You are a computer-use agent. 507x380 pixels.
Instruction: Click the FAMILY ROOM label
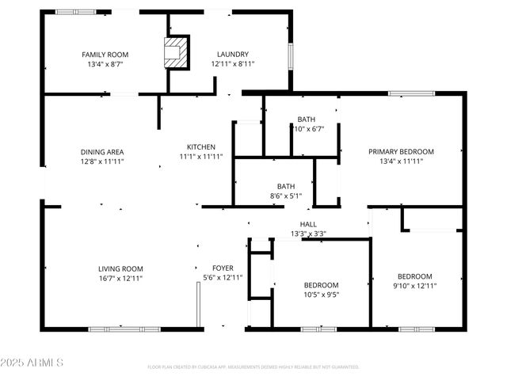(105, 55)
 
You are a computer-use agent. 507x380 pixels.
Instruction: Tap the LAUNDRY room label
(233, 55)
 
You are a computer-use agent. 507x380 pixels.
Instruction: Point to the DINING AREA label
(102, 152)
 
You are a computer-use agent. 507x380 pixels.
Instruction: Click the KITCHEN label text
(201, 147)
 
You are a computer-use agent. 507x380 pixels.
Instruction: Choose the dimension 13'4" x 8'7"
(105, 63)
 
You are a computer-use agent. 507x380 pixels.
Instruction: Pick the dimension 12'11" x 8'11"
(233, 63)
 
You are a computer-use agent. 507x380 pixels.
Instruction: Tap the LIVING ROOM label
(120, 269)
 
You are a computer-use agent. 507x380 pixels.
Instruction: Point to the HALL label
(308, 225)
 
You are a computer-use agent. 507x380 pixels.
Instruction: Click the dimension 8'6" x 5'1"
(286, 196)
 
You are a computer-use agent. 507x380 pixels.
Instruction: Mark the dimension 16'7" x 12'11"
(120, 278)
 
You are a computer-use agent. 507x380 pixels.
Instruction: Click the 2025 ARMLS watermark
(32, 362)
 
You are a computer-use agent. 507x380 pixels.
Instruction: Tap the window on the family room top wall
(76, 12)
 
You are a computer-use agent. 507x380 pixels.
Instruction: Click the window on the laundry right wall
(291, 55)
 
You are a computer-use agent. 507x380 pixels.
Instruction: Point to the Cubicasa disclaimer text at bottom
(253, 367)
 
